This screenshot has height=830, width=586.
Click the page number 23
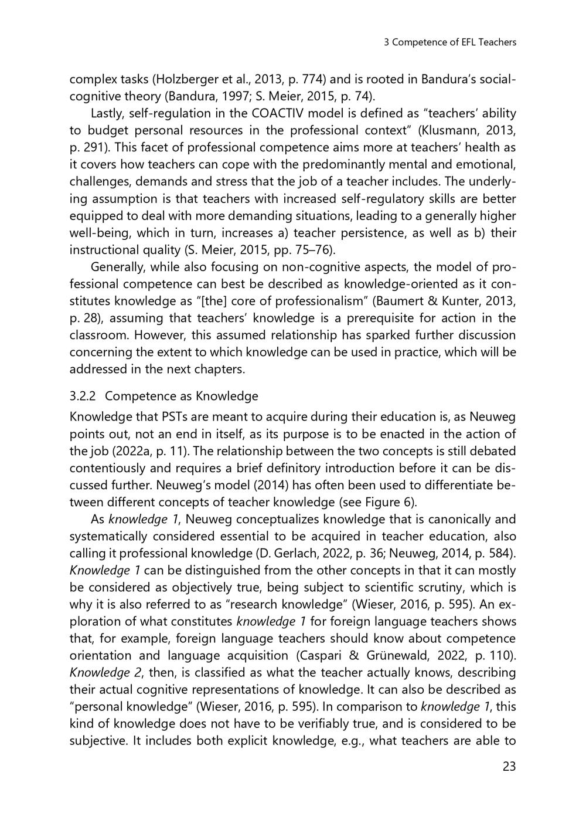tap(509, 766)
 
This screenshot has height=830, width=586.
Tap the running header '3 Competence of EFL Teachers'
tap(449, 42)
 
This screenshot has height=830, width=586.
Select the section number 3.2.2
tap(83, 396)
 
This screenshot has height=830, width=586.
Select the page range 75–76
tap(313, 250)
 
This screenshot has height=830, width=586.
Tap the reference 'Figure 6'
tap(393, 502)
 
